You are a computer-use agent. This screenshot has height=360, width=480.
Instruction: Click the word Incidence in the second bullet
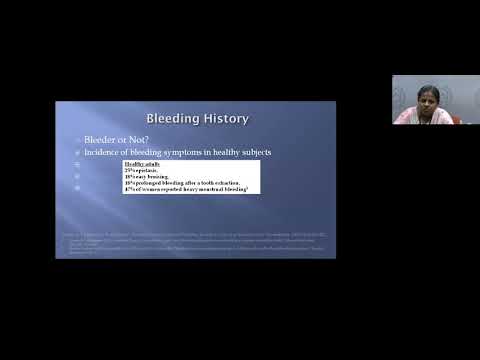(x=110, y=152)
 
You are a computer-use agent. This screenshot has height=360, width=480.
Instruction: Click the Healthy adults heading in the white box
(x=140, y=164)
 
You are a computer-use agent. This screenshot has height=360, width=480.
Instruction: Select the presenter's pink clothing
(x=416, y=117)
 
